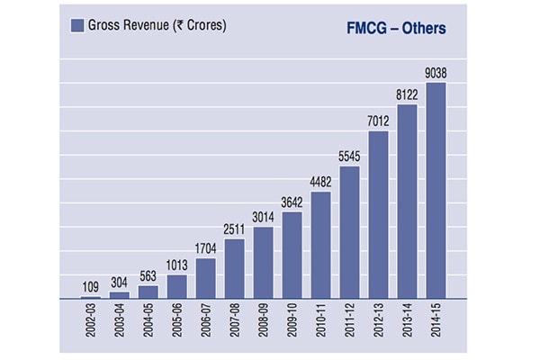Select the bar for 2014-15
pyautogui.click(x=436, y=190)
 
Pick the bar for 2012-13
pyautogui.click(x=378, y=214)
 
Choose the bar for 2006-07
pyautogui.click(x=205, y=278)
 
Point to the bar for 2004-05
pyautogui.click(x=148, y=292)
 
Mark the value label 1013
pyautogui.click(x=176, y=265)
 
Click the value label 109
pyautogui.click(x=90, y=287)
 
